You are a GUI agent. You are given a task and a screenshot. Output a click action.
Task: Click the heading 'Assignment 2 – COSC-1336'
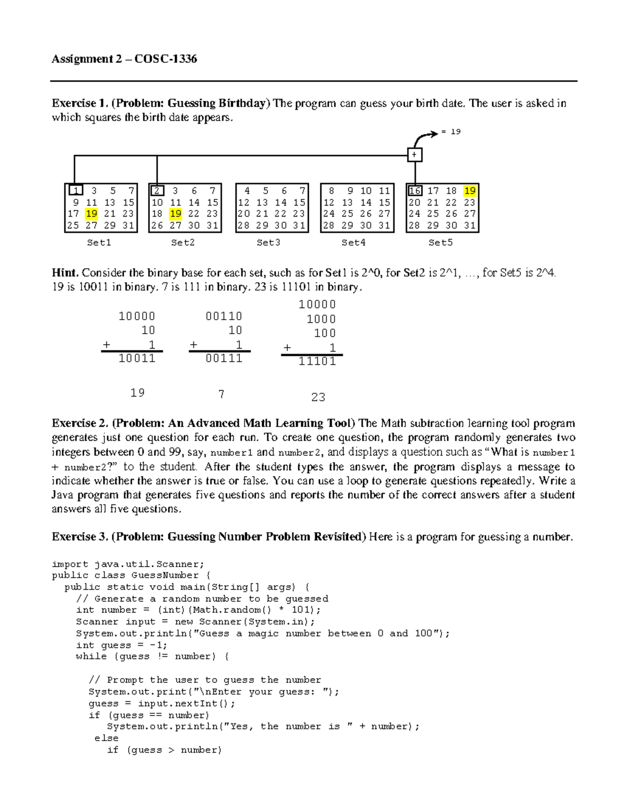(x=124, y=59)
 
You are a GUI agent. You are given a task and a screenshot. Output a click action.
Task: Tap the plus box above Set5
(x=414, y=155)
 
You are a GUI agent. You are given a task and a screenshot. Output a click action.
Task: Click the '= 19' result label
(x=451, y=132)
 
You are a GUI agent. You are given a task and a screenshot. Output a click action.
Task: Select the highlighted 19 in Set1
(x=92, y=214)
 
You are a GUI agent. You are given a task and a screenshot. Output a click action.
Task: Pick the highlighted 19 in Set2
(x=176, y=214)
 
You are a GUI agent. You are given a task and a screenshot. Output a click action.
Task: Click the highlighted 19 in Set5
(x=470, y=191)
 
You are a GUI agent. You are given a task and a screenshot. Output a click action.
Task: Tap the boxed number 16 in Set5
(x=415, y=191)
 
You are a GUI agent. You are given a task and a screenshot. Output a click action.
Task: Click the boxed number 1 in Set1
(x=76, y=191)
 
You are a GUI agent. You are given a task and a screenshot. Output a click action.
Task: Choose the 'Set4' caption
(x=354, y=242)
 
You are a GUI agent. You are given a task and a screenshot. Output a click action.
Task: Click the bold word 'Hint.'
(x=65, y=273)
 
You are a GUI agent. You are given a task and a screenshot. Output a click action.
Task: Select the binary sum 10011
(x=137, y=358)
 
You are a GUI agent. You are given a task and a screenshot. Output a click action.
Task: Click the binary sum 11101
(x=317, y=361)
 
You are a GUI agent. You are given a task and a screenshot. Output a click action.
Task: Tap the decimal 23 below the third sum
(x=318, y=397)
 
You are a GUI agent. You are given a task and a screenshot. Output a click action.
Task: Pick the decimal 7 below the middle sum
(x=222, y=394)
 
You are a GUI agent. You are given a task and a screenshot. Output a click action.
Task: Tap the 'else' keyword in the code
(x=107, y=738)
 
